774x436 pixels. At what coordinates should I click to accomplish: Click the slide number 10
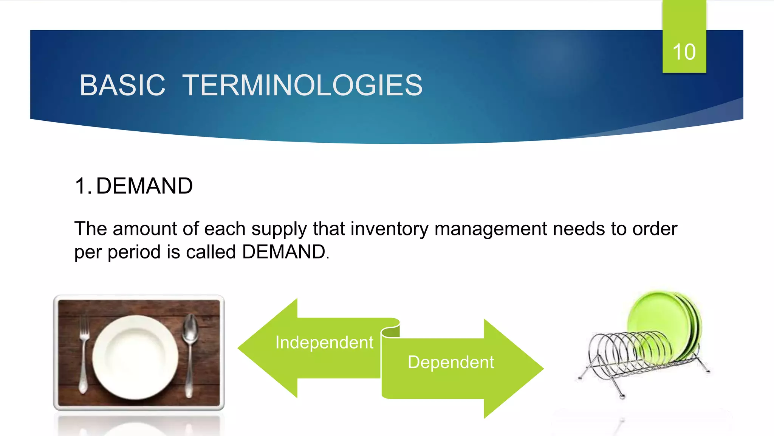pos(684,52)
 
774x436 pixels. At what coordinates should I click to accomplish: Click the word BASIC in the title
pos(122,85)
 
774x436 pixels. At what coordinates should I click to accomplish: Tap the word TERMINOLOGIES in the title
pos(302,85)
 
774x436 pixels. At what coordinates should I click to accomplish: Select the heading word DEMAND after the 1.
pos(144,186)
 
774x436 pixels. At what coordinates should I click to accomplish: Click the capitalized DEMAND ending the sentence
pos(283,252)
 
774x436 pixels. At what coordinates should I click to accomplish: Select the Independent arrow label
pos(324,343)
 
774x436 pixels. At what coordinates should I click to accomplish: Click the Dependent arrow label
pos(450,362)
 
